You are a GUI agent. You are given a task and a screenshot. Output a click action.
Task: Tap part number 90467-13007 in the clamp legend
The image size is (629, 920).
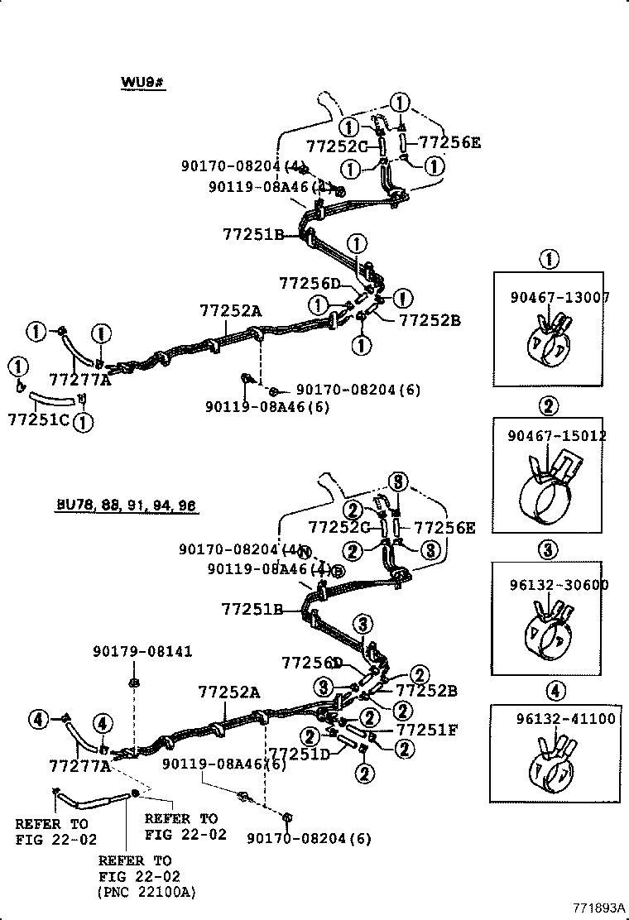(559, 298)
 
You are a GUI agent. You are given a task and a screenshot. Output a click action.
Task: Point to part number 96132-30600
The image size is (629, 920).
(559, 585)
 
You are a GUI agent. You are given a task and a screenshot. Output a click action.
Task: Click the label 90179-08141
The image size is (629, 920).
(142, 652)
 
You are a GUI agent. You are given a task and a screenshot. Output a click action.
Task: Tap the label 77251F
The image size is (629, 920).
(428, 730)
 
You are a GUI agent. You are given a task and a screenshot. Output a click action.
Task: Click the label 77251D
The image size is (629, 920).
(300, 753)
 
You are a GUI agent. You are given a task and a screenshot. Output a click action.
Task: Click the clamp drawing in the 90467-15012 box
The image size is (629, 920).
(550, 492)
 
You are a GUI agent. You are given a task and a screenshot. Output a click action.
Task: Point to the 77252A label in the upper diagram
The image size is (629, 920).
(230, 311)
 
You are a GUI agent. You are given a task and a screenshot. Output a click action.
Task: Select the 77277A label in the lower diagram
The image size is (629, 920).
(80, 767)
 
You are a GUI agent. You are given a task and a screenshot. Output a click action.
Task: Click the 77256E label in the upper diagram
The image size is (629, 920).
(449, 142)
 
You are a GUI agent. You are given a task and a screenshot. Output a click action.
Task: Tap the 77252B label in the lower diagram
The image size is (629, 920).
(426, 690)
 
